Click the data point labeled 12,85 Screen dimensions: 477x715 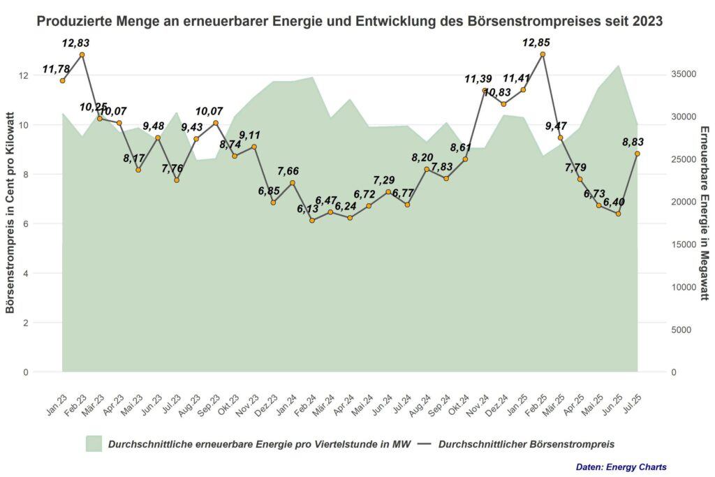[543, 54]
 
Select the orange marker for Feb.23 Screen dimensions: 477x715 [82, 54]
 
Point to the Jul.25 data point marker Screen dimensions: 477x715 [637, 154]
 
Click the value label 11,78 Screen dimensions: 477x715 [57, 68]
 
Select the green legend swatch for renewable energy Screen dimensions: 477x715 [94, 443]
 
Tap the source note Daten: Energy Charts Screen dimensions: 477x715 [621, 467]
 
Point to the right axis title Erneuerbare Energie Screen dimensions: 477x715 [704, 213]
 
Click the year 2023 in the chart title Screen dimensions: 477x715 [647, 22]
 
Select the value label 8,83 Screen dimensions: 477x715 [633, 142]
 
